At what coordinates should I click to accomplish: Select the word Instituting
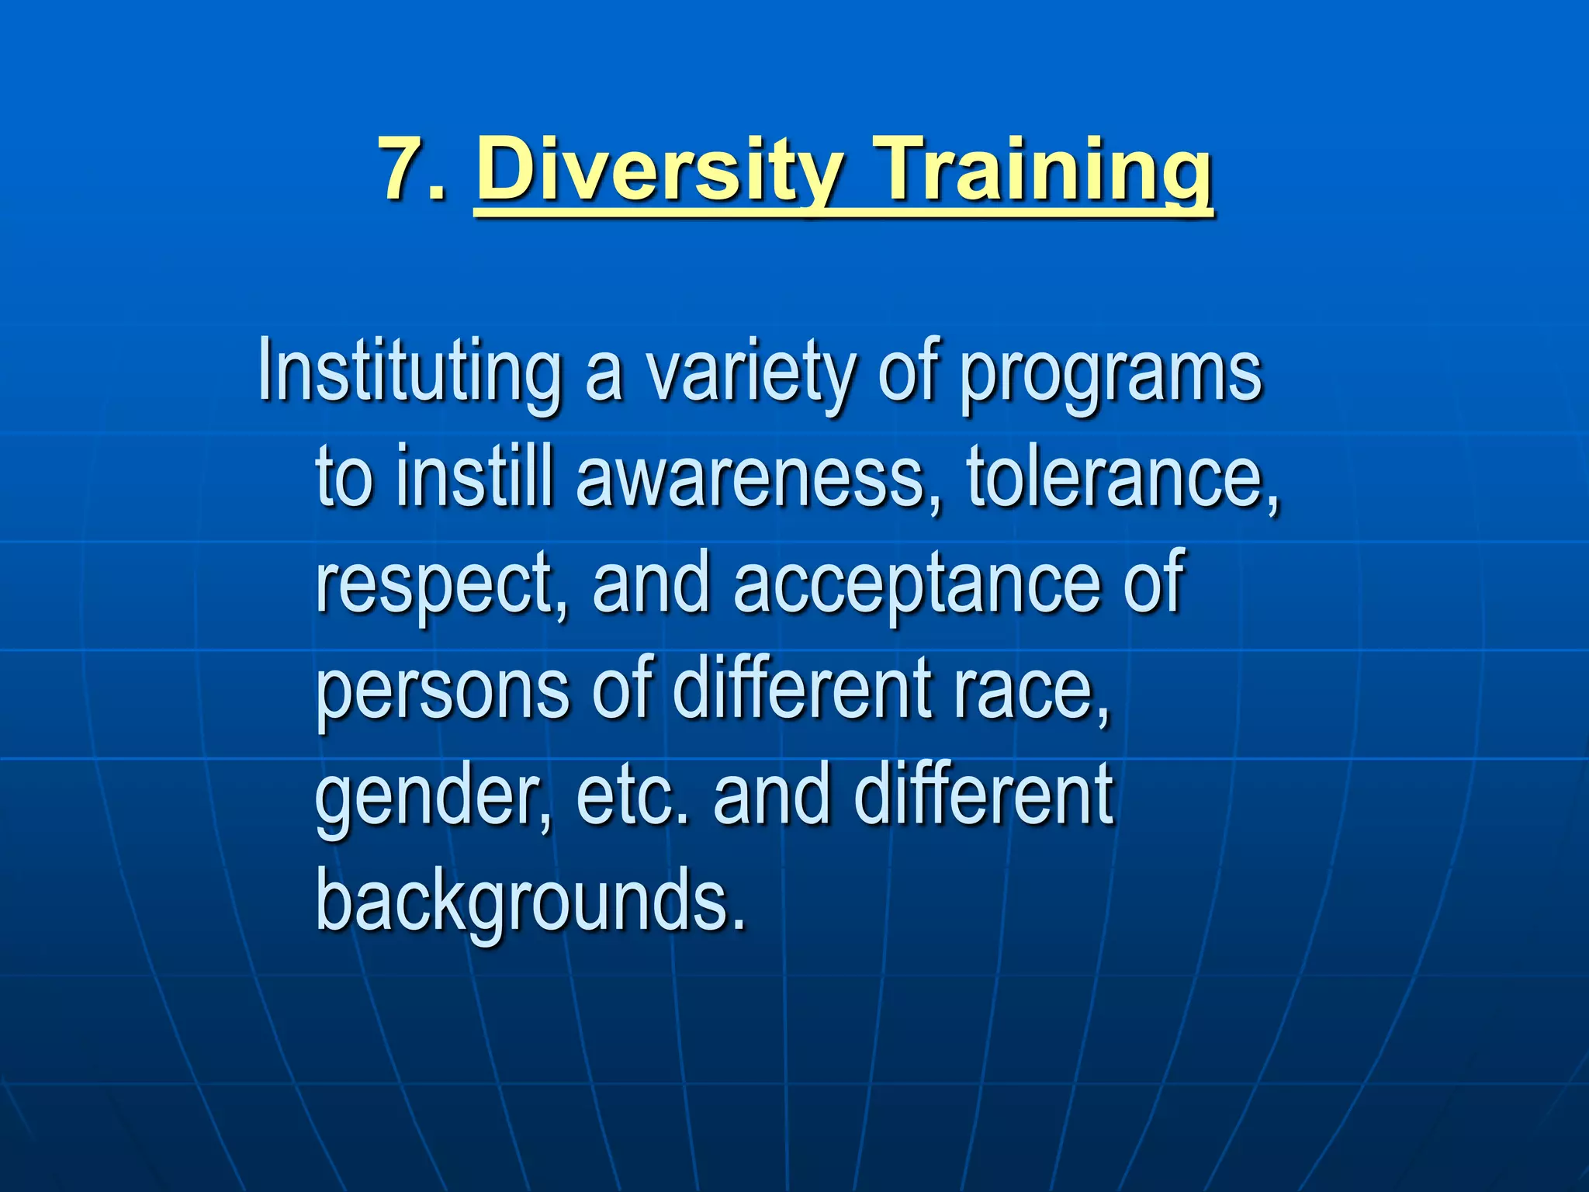[410, 372]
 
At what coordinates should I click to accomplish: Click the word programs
[1111, 372]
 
